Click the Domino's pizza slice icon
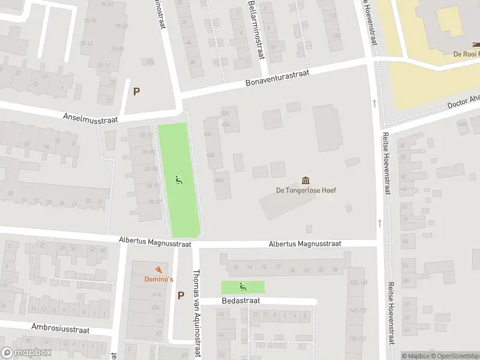click(158, 270)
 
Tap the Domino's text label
click(158, 280)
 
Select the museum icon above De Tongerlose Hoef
click(306, 181)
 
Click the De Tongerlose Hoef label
click(306, 191)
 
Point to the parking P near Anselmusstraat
click(136, 92)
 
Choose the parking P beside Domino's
click(181, 295)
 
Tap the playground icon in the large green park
click(178, 179)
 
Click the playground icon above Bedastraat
click(242, 287)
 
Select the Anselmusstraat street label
click(90, 118)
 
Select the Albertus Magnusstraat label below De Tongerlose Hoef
click(305, 244)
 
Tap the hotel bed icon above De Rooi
click(476, 44)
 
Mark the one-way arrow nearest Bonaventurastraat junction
click(374, 103)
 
